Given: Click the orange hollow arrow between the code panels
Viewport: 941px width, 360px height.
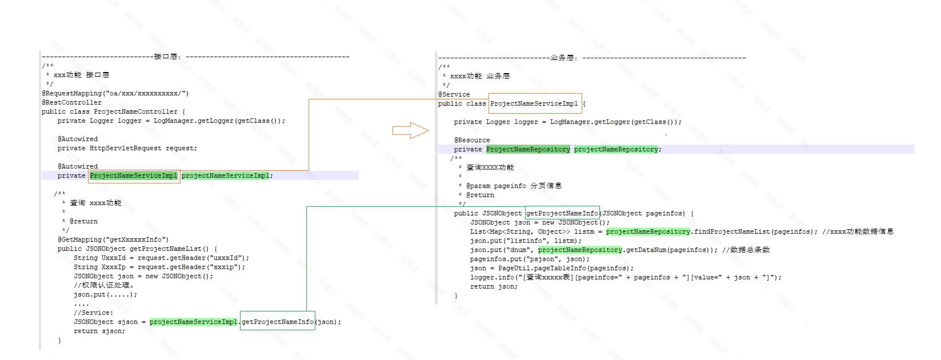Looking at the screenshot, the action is [x=410, y=131].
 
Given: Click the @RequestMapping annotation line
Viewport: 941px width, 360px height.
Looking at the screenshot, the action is [x=115, y=93].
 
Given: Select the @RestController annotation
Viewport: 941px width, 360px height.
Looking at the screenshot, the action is [x=71, y=102].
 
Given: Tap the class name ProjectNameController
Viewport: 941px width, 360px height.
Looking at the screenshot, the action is [x=135, y=111].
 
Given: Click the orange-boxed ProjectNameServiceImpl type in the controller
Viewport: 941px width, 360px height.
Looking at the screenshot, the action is [x=134, y=175].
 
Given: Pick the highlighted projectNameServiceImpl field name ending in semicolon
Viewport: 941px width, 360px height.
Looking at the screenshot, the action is [x=226, y=175].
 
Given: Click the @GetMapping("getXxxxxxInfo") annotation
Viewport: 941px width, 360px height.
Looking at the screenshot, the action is [x=113, y=239].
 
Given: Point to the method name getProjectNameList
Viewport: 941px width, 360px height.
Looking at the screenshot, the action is [x=165, y=249].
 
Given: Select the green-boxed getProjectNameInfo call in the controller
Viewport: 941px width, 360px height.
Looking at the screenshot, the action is [x=278, y=322].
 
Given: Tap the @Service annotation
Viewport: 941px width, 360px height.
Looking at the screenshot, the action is [x=454, y=94].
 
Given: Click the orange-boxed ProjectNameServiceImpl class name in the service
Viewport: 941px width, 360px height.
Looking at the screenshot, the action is [x=534, y=103].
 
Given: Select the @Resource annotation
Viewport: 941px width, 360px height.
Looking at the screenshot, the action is [x=472, y=140].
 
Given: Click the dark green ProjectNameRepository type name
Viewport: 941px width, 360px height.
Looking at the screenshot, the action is [x=528, y=149].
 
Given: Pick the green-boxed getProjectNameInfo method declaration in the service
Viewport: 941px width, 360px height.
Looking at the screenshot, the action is [x=562, y=213].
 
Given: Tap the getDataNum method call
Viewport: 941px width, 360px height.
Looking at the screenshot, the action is [x=646, y=250].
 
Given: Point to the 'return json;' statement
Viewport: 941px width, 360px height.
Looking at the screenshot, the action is [x=494, y=286].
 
